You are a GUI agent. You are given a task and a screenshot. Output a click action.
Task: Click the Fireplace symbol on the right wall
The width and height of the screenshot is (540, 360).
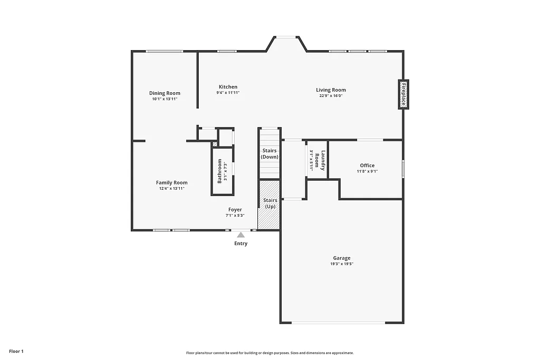[x=403, y=95]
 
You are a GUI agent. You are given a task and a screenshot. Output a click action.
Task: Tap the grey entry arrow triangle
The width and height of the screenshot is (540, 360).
[x=240, y=235]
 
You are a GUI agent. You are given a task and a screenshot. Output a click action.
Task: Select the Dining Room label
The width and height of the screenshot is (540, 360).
[x=165, y=93]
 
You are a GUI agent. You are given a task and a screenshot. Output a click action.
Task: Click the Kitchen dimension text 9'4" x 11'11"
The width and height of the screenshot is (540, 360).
[x=228, y=93]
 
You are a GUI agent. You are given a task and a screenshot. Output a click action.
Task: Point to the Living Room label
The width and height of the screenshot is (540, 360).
[x=331, y=90]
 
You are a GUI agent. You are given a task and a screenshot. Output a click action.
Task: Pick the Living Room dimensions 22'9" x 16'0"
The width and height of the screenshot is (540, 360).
[x=331, y=96]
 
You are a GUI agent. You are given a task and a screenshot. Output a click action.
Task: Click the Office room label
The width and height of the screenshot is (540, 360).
[x=367, y=166]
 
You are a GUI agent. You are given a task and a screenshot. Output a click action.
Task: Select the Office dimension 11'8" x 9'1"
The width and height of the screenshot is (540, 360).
[x=367, y=171]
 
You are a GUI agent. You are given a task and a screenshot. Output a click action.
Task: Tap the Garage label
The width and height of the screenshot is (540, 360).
[x=342, y=258]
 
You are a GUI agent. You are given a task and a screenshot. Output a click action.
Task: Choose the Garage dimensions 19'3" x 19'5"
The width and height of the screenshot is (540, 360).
[x=342, y=264]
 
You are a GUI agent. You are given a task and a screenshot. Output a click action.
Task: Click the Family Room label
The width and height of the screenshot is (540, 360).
[x=171, y=182]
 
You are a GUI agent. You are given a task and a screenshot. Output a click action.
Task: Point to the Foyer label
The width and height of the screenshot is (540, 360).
[x=235, y=209]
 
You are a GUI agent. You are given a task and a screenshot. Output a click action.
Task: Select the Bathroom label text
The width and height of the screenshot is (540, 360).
[x=219, y=171]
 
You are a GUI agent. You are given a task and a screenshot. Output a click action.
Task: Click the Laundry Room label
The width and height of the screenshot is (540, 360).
[x=321, y=160]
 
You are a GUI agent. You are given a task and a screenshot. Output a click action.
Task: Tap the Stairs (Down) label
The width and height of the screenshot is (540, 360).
[x=270, y=154]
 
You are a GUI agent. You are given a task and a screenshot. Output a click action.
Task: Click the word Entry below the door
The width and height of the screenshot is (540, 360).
[x=240, y=244]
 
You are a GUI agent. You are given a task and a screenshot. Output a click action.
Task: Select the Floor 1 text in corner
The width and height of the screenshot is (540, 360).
[x=16, y=351]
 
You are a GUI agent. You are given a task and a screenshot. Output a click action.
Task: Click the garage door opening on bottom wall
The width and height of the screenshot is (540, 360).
[x=342, y=323]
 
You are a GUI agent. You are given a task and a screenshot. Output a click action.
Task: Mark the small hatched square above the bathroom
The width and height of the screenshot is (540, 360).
[x=215, y=144]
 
